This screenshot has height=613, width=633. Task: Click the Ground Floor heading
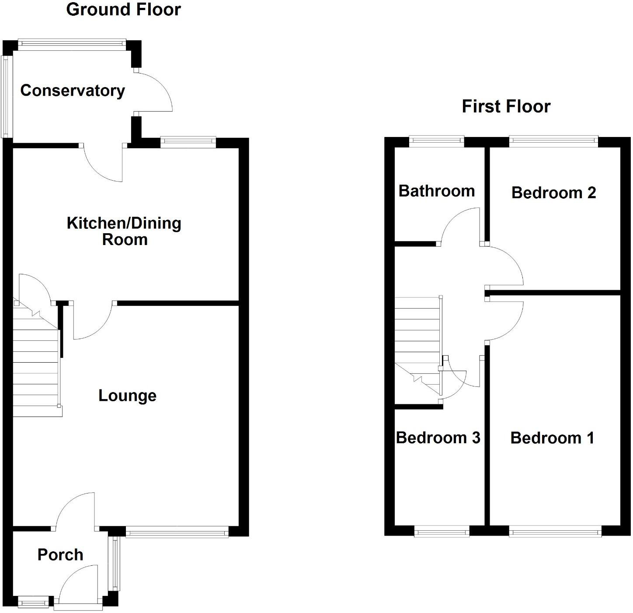(123, 10)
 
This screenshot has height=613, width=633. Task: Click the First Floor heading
(506, 106)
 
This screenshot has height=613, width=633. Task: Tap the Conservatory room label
(73, 91)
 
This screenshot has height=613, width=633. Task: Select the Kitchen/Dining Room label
(124, 231)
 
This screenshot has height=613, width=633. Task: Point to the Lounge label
(127, 396)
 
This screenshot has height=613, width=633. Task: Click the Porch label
(60, 555)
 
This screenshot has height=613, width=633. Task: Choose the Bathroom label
(436, 191)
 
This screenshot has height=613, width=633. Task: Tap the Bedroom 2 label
(553, 193)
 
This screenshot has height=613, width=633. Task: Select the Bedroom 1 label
(552, 438)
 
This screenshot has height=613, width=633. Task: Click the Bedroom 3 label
(438, 438)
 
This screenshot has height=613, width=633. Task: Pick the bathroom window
(436, 140)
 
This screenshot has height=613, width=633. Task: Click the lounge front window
(177, 533)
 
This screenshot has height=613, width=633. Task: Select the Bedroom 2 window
(553, 140)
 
